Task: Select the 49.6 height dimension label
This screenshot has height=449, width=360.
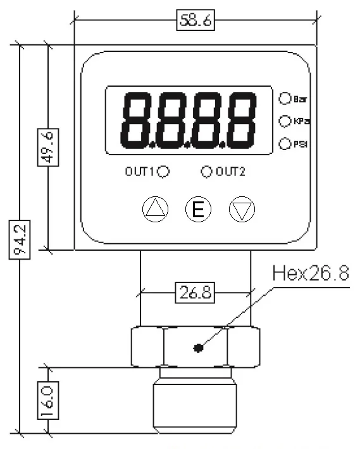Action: [46, 146]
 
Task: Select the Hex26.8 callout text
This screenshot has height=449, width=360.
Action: [310, 274]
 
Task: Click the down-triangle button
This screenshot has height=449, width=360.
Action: [240, 210]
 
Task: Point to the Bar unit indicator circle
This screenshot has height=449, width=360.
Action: [284, 99]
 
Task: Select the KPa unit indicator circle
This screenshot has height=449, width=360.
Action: [284, 120]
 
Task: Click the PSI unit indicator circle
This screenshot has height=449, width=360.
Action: [284, 143]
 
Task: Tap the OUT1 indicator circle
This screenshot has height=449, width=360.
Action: [163, 171]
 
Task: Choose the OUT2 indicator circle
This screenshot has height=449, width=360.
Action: [206, 171]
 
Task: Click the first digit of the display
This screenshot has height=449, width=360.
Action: [135, 120]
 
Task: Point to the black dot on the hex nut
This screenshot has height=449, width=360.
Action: [199, 347]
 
